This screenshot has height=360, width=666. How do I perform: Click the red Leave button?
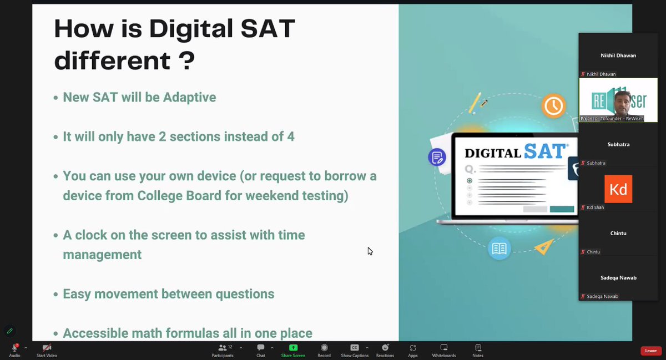tap(650, 351)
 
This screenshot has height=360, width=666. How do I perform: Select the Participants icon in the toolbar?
tap(222, 348)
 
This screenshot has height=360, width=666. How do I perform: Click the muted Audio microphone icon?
tap(14, 348)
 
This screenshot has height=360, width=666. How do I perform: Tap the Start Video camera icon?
tap(47, 348)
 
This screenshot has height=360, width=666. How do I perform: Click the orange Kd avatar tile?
tap(618, 189)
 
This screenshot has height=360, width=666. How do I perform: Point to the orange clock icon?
tap(553, 105)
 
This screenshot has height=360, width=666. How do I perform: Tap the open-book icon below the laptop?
tap(499, 249)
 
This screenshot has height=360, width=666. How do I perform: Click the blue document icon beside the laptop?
tap(437, 157)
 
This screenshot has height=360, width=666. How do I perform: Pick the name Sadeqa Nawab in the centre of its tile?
tap(618, 277)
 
